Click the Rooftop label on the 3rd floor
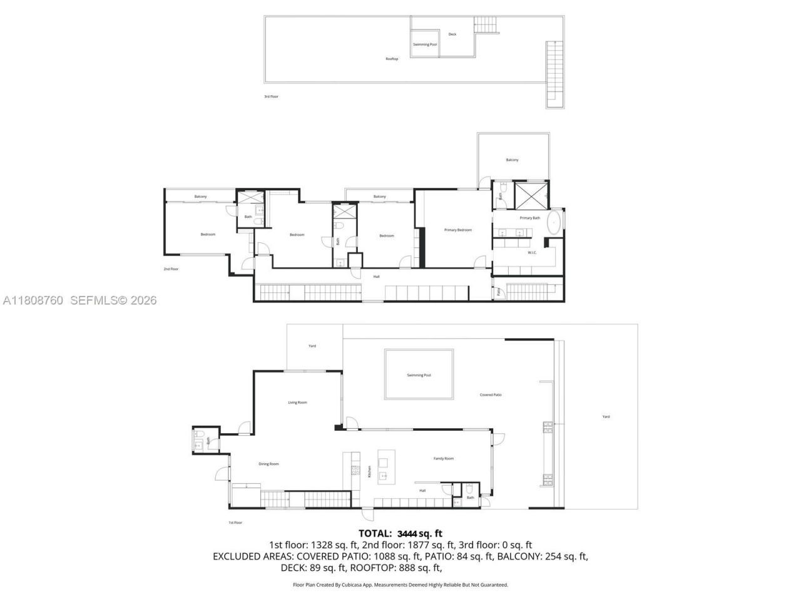pyautogui.click(x=392, y=59)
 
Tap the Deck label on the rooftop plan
pyautogui.click(x=452, y=34)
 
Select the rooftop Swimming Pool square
pyautogui.click(x=425, y=44)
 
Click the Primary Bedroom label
pyautogui.click(x=458, y=230)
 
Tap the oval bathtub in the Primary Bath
pyautogui.click(x=554, y=223)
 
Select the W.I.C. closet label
pyautogui.click(x=532, y=253)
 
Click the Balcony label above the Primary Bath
pyautogui.click(x=512, y=160)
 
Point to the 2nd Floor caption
pyautogui.click(x=171, y=269)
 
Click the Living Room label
pyautogui.click(x=297, y=403)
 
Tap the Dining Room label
pyautogui.click(x=268, y=464)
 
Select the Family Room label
pyautogui.click(x=444, y=459)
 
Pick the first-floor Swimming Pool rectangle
pyautogui.click(x=419, y=374)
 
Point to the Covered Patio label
pyautogui.click(x=491, y=395)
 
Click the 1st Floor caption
pyautogui.click(x=235, y=522)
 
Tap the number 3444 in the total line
pyautogui.click(x=407, y=533)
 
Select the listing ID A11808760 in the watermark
pyautogui.click(x=33, y=300)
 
